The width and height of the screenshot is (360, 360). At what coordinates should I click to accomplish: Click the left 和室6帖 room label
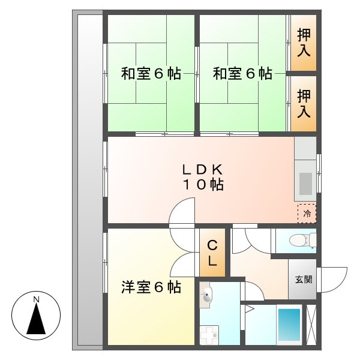[x=151, y=74]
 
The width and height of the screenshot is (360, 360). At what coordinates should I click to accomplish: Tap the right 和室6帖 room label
[x=243, y=74]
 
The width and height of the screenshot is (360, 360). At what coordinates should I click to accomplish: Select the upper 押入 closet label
[x=304, y=43]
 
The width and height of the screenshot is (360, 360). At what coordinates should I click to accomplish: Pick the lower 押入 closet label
[x=304, y=103]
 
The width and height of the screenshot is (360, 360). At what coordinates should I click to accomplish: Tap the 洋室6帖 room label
[x=151, y=287]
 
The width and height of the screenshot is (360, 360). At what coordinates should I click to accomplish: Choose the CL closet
[x=212, y=253]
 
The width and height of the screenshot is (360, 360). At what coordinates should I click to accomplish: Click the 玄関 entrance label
[x=303, y=280]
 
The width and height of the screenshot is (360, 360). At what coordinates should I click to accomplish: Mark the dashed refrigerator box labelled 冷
[x=307, y=213]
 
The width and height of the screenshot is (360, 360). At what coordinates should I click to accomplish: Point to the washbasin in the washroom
[x=208, y=295]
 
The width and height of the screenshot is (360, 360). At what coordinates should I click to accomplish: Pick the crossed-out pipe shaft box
[x=311, y=325]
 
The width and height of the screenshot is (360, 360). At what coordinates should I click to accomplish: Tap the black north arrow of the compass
[x=37, y=319]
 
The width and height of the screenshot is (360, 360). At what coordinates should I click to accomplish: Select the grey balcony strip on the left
[x=88, y=180]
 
